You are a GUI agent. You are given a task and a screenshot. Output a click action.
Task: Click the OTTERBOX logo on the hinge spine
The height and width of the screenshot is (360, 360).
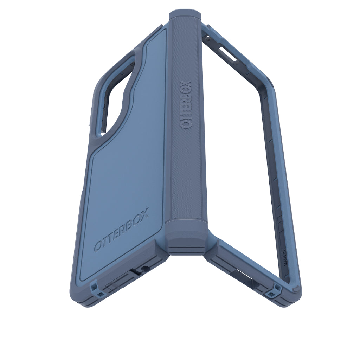(186, 105)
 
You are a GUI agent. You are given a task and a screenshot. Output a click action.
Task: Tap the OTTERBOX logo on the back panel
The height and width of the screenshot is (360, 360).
(121, 229)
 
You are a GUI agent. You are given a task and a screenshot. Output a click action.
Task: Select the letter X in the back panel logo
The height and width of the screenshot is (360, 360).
(144, 213)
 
